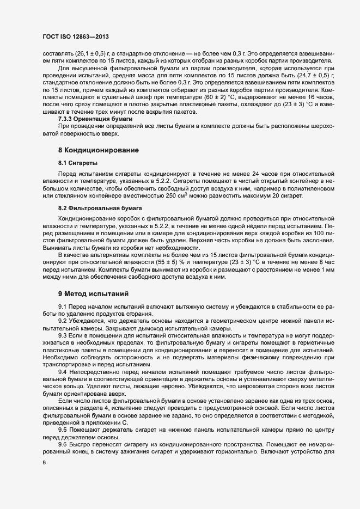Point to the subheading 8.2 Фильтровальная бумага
100,208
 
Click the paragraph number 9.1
63,307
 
